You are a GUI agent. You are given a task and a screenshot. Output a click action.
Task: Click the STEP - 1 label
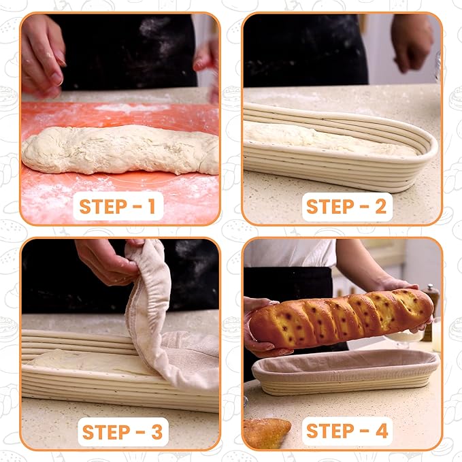coord(118,205)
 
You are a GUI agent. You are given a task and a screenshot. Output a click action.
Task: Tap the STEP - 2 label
coord(346,205)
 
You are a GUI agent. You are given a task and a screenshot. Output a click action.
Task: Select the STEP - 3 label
coord(122,431)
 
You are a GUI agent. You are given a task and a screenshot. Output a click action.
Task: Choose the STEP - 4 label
coord(346,430)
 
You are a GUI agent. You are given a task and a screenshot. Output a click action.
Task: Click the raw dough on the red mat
coord(119,150)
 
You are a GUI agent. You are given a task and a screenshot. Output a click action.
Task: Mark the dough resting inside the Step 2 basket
coord(327,139)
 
